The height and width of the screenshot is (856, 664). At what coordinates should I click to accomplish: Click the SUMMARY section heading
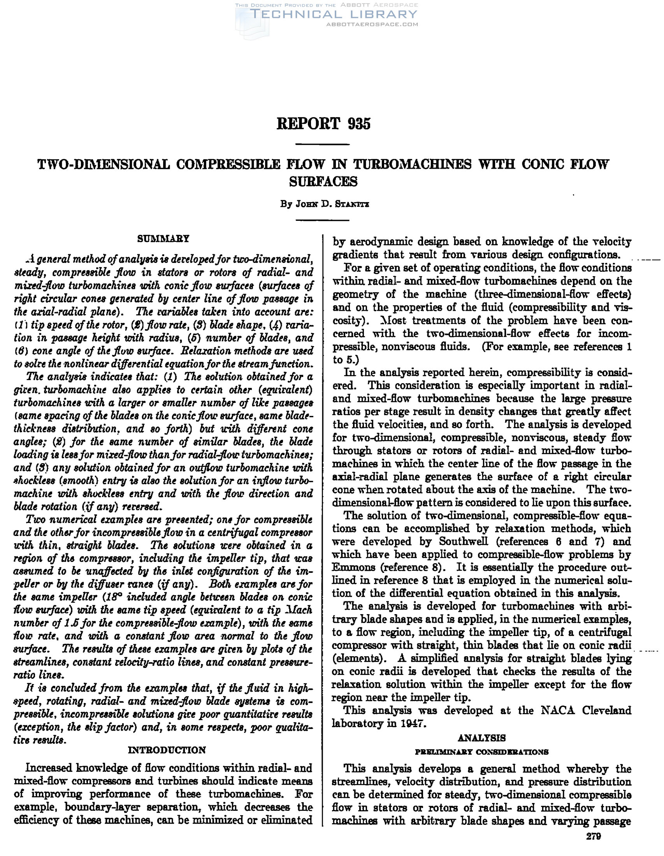point(163,238)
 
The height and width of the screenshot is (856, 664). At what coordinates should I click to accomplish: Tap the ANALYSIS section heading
point(481,738)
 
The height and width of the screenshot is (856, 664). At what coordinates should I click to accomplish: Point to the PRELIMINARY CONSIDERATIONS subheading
point(481,752)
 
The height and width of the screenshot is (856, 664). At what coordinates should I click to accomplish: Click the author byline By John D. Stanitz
point(324,204)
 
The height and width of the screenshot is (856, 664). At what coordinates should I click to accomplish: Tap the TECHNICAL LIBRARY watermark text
point(334,15)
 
